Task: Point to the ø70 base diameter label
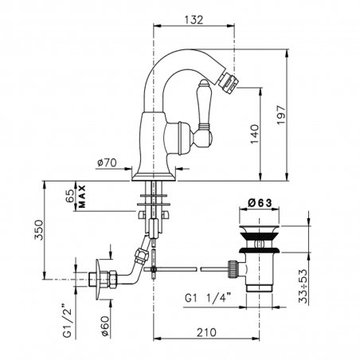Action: pyautogui.click(x=107, y=162)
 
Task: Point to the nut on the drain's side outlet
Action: pyautogui.click(x=233, y=268)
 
